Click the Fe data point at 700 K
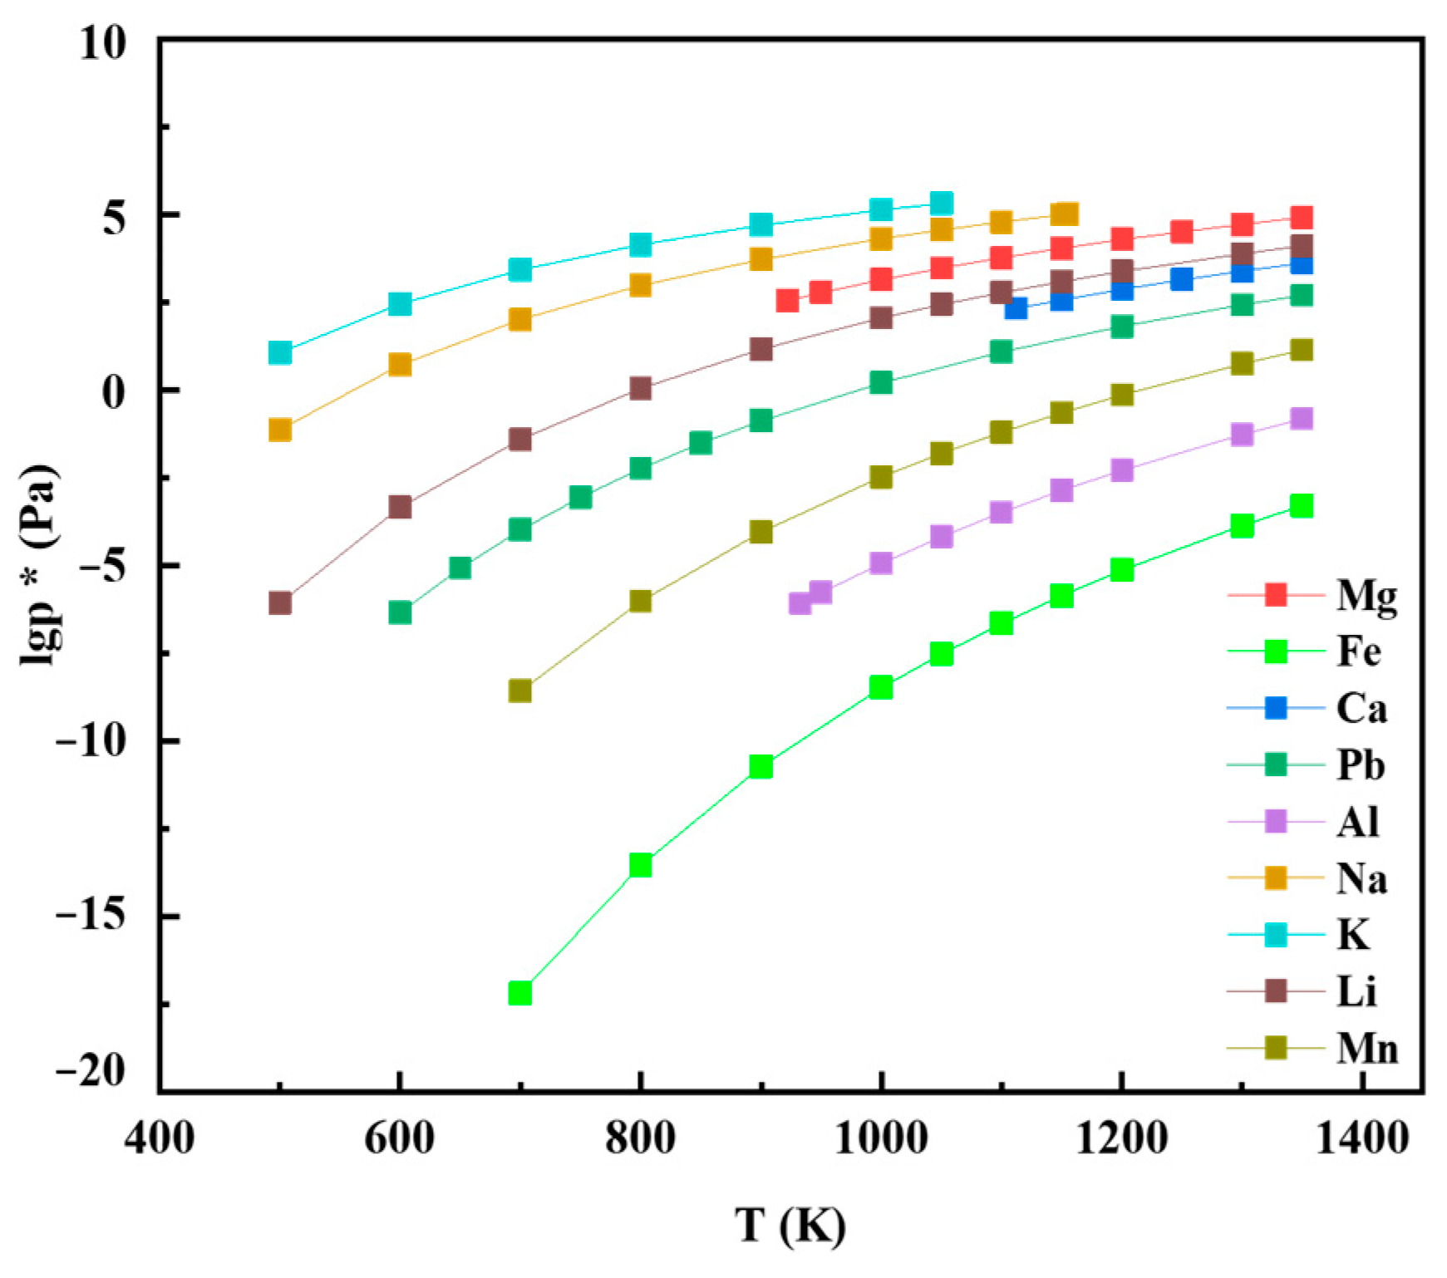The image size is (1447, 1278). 519,992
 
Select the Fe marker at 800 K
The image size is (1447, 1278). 640,865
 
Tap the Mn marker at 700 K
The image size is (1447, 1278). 519,691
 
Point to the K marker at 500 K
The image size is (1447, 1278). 280,353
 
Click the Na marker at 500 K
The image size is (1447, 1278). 280,430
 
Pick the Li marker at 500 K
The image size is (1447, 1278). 280,602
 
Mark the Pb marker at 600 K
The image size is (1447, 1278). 400,612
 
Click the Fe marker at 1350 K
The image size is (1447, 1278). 1302,506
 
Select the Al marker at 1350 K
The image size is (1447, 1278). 1302,418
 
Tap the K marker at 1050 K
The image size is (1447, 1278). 941,203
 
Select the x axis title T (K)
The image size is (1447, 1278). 790,1225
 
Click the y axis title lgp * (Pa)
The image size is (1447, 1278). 40,565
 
